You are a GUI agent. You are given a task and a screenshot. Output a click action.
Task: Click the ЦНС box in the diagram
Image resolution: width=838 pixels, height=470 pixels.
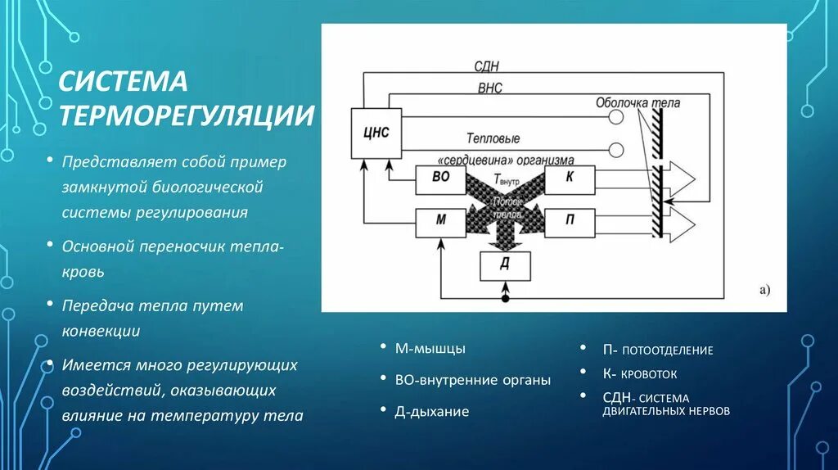(376, 133)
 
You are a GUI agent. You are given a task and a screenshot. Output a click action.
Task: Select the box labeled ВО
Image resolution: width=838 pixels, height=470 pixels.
(439, 180)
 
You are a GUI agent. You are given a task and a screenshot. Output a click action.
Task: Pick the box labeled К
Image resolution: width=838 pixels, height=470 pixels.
(570, 180)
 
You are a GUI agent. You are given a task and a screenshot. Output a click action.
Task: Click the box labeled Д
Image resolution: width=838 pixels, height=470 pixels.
(505, 266)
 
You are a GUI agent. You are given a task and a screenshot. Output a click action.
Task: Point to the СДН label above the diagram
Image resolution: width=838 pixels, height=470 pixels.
(486, 66)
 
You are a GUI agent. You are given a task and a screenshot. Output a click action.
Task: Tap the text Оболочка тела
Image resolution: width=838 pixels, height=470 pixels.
(638, 103)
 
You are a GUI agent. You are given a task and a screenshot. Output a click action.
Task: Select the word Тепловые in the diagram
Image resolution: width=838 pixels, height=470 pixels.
(493, 138)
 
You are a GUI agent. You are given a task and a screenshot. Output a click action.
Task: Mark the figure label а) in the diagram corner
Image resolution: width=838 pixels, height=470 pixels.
(765, 289)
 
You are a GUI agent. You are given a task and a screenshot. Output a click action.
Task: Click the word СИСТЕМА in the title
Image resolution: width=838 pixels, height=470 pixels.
(122, 82)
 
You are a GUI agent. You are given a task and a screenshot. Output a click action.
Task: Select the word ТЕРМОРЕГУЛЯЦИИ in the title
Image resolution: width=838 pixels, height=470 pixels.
(186, 115)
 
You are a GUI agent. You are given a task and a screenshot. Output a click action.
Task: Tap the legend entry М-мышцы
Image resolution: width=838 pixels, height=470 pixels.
(430, 349)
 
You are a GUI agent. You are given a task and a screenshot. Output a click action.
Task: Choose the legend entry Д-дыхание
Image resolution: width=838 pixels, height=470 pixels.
(432, 411)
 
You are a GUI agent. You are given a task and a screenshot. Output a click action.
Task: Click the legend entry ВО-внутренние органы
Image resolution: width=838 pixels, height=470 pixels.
(472, 380)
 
